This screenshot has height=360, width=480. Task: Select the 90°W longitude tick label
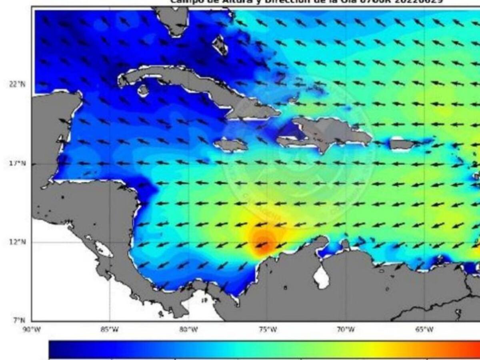[x=32, y=330]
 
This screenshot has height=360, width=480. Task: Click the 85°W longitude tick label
[x=110, y=330]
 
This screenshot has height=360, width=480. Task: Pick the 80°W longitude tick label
[x=188, y=330]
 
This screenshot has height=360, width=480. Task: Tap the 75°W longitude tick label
[x=267, y=330]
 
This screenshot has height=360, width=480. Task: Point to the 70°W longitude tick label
[x=346, y=330]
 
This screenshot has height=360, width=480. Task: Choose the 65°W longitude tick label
[x=424, y=330]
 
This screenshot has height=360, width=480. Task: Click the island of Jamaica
[x=231, y=144]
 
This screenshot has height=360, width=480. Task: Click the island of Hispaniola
[x=332, y=132]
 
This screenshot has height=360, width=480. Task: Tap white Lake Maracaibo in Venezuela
[x=321, y=277]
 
